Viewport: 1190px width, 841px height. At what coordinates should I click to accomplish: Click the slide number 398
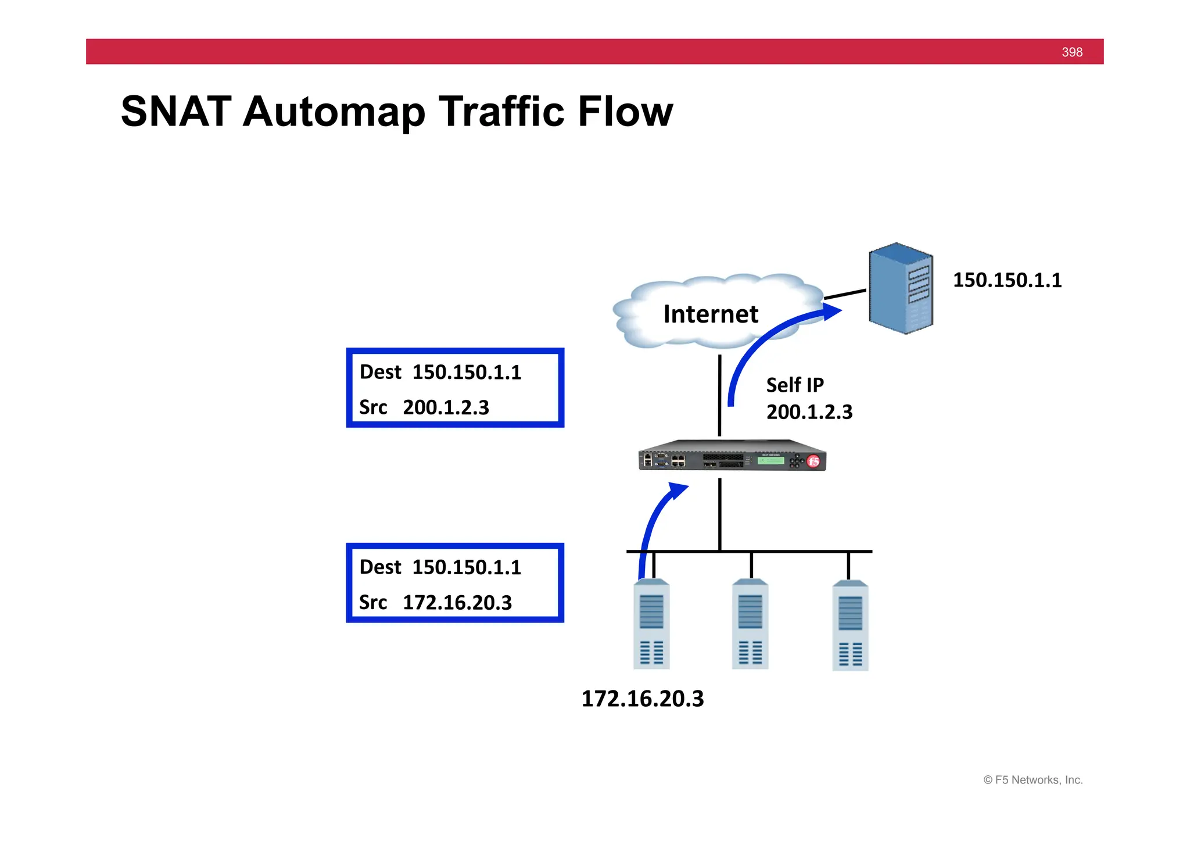coord(1071,52)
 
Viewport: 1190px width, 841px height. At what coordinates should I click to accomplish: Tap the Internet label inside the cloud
coord(711,314)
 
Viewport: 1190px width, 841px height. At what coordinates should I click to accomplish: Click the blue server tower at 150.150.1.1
coord(900,288)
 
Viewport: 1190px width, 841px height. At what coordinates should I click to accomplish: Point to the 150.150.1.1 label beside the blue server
coord(1007,280)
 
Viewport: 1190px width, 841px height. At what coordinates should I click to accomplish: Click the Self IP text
coord(794,385)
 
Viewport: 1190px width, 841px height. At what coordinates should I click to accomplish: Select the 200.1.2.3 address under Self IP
coord(809,412)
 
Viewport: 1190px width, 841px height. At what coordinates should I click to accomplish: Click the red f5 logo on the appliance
coord(813,461)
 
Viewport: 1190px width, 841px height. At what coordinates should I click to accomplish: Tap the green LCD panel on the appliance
coord(771,460)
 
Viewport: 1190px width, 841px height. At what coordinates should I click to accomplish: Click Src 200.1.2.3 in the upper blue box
coord(424,407)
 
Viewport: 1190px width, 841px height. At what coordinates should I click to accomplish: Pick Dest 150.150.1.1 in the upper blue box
coord(440,372)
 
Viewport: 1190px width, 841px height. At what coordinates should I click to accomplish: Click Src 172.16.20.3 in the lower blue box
coord(435,603)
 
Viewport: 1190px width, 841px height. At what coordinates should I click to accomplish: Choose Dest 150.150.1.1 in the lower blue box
coord(440,567)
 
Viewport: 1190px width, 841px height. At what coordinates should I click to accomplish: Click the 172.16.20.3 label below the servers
coord(642,699)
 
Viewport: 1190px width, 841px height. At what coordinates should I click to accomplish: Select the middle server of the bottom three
coord(750,625)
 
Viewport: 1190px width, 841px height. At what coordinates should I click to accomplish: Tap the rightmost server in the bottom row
coord(850,626)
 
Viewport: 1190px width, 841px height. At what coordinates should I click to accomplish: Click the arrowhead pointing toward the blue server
coord(831,312)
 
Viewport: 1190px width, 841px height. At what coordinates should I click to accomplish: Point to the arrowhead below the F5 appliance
coord(678,490)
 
